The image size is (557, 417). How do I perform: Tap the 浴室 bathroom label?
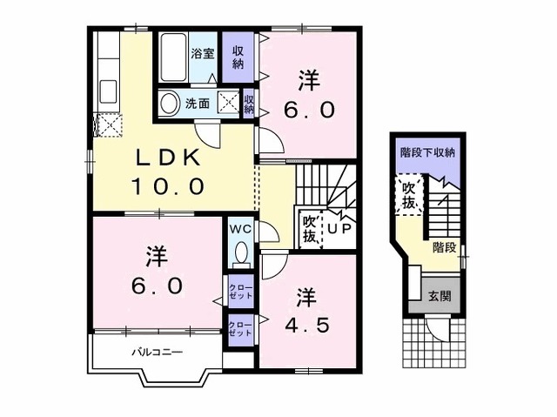tap(203, 54)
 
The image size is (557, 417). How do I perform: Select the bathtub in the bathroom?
tap(173, 58)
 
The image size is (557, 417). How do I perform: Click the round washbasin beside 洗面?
tap(169, 104)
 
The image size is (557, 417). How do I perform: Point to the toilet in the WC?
tap(242, 252)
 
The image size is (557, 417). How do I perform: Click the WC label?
tap(240, 229)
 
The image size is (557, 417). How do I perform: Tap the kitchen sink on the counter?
tap(108, 91)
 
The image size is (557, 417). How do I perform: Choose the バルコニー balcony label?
tap(158, 353)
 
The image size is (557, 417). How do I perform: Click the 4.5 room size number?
tap(308, 325)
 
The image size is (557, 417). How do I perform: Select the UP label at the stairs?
tap(339, 228)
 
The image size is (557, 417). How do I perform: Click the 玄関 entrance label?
tap(440, 296)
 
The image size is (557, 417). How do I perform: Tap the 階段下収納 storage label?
tap(427, 152)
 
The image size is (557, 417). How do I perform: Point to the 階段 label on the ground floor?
tap(445, 247)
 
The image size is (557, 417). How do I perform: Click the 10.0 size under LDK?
tap(168, 186)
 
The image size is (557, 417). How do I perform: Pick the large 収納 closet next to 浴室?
tap(238, 57)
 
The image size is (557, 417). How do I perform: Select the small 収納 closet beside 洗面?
tap(249, 103)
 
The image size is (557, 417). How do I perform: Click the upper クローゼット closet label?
tap(241, 292)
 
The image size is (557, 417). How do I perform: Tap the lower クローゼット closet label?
tap(241, 329)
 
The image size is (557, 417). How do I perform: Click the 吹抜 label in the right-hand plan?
tap(409, 194)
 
